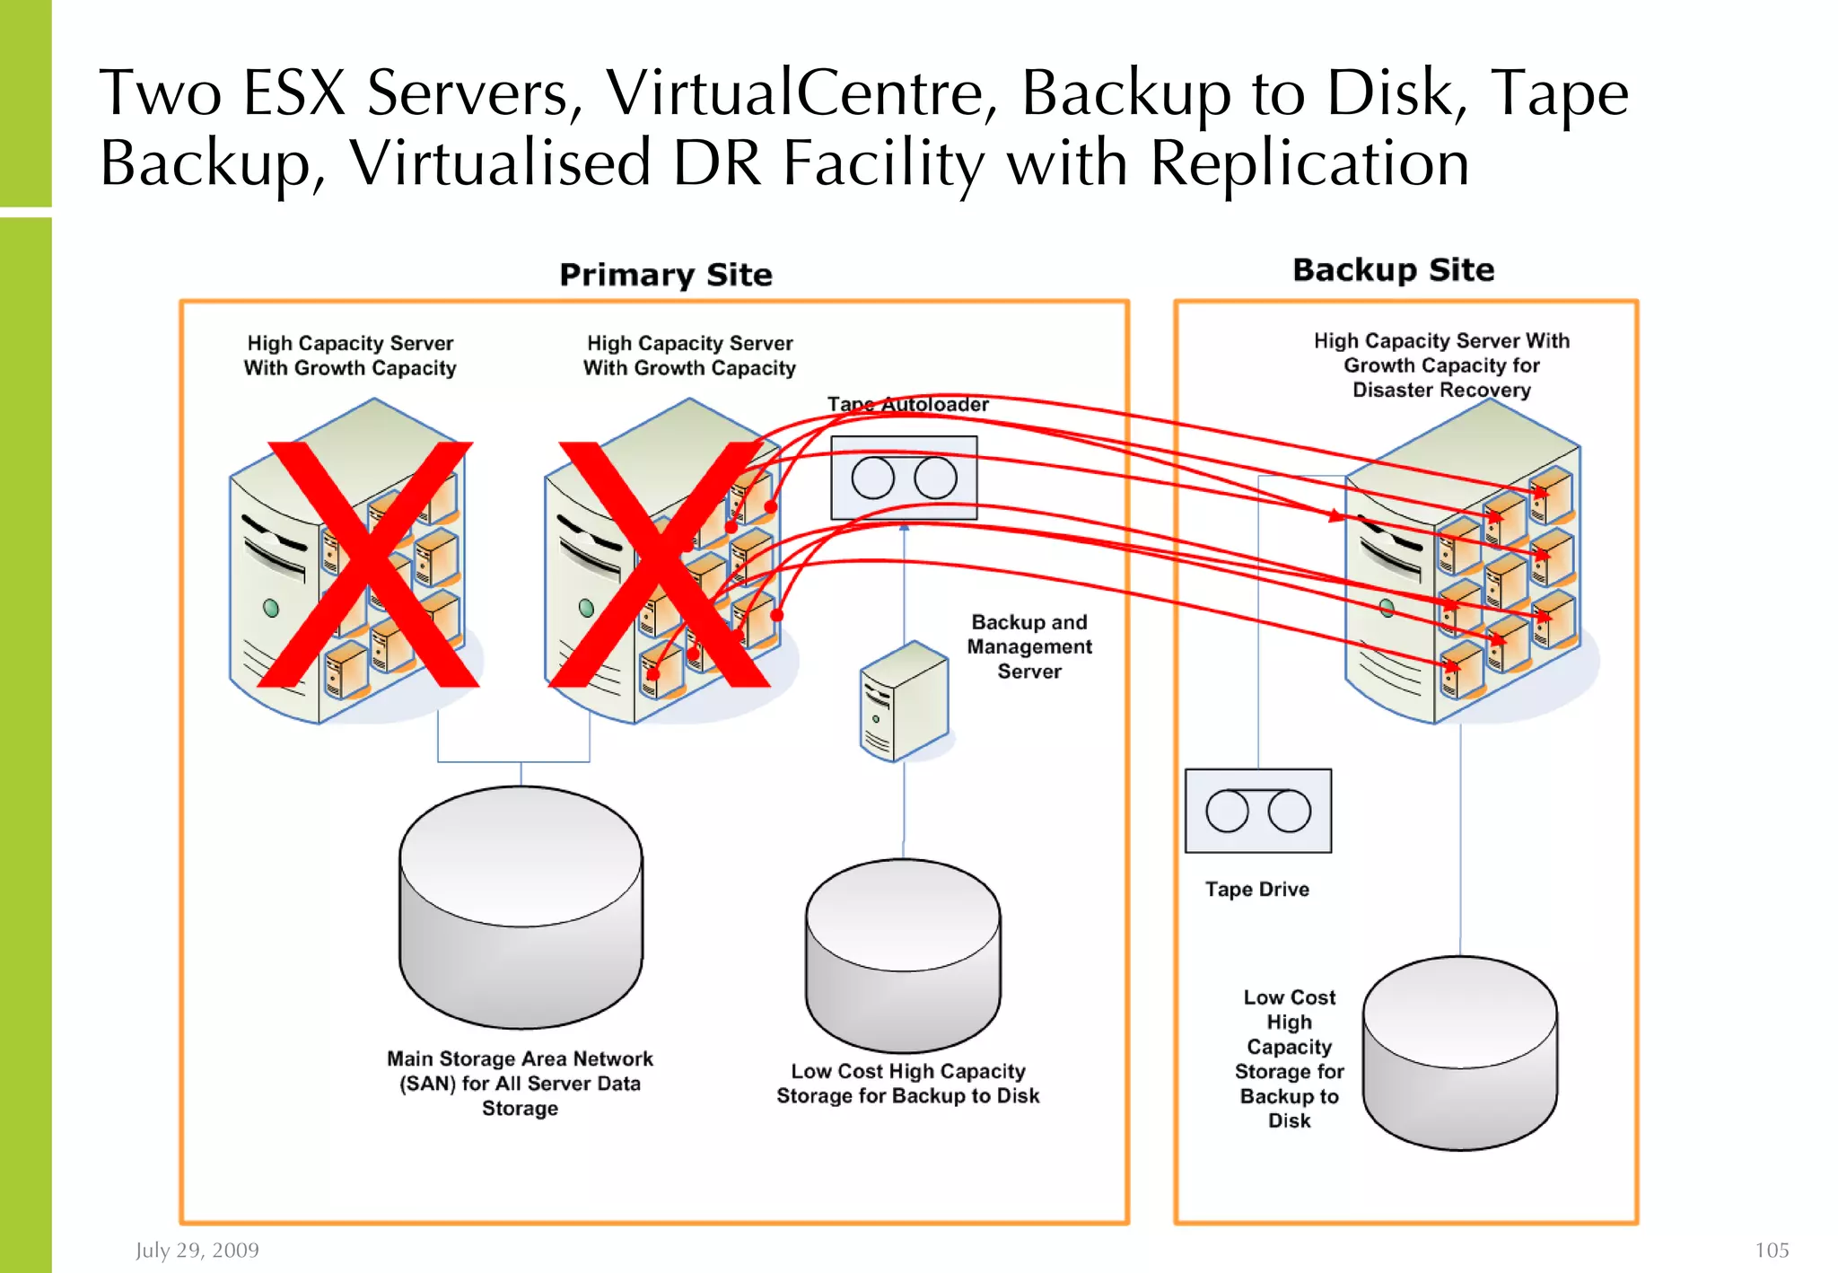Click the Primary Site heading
click(665, 274)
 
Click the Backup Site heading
click(1393, 269)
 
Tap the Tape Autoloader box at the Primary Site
click(904, 478)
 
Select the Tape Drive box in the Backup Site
click(1257, 811)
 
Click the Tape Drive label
click(1256, 889)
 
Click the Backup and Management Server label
click(1028, 646)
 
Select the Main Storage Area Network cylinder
click(521, 907)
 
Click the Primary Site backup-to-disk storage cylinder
click(903, 955)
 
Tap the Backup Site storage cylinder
click(1459, 1052)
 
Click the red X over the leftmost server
click(368, 564)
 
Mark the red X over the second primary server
click(660, 564)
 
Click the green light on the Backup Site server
click(1387, 609)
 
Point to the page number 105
click(1771, 1250)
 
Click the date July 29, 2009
click(197, 1250)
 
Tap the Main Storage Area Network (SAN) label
click(520, 1083)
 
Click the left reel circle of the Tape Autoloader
click(872, 478)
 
